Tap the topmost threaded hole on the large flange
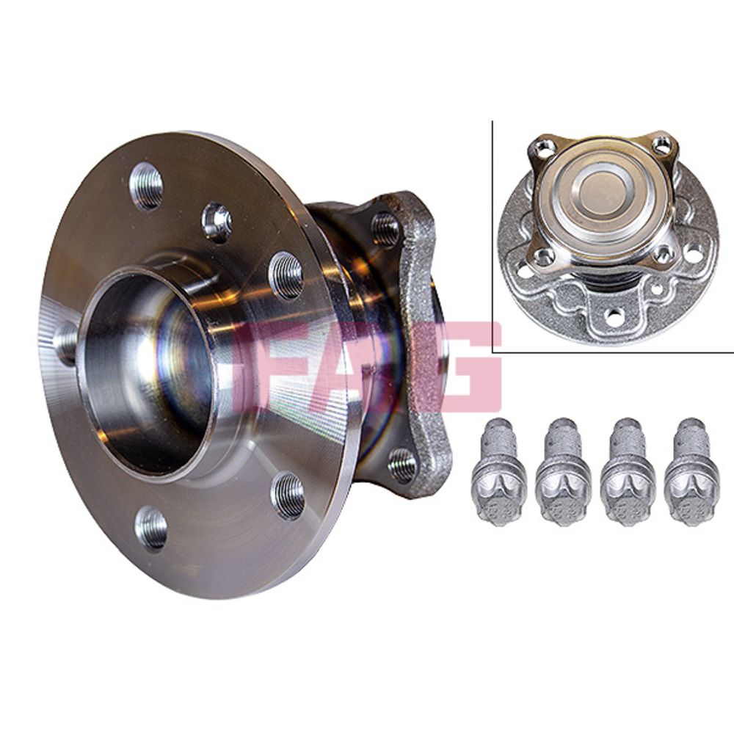click(146, 186)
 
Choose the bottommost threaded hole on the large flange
click(150, 528)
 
